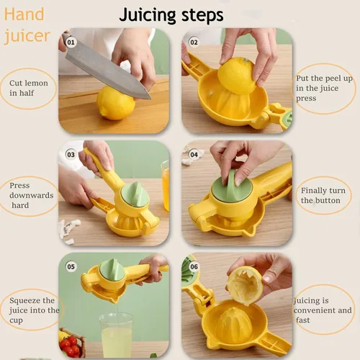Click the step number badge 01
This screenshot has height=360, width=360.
(71, 42)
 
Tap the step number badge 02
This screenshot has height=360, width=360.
(194, 42)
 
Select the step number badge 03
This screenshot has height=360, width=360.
(71, 154)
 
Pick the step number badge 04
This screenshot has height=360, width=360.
(194, 154)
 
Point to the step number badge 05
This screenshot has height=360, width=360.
(71, 266)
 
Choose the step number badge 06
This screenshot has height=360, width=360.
(194, 266)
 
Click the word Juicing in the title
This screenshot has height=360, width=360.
(148, 16)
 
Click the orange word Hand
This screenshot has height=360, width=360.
(24, 14)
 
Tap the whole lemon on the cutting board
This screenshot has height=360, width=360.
(116, 103)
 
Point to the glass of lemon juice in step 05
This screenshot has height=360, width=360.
(116, 335)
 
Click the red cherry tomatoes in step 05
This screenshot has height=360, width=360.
(70, 345)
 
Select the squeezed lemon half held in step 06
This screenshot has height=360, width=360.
(245, 285)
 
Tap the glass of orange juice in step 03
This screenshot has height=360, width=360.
(165, 186)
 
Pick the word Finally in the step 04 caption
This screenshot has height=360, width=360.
(313, 191)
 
